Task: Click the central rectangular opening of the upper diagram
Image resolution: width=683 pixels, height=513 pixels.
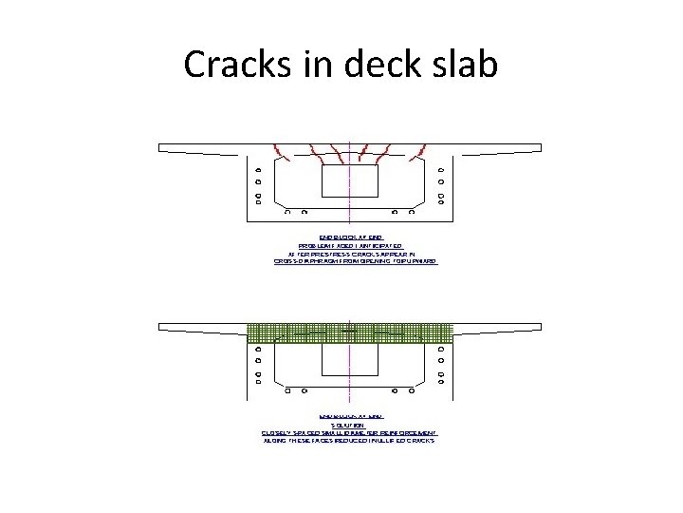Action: (x=350, y=180)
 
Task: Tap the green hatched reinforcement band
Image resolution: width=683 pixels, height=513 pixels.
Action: (x=350, y=332)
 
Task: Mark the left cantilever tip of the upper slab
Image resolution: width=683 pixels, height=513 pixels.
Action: (x=162, y=147)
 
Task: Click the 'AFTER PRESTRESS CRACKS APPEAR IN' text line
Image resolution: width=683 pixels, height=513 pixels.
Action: (x=350, y=253)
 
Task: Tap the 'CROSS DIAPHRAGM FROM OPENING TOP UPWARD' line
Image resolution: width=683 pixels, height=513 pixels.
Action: (x=350, y=261)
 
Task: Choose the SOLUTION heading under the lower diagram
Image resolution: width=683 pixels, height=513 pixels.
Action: (x=350, y=424)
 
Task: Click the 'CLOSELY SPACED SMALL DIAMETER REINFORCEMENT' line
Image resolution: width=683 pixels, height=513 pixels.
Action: (x=350, y=433)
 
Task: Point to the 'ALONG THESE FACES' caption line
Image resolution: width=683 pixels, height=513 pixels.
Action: (x=350, y=442)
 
